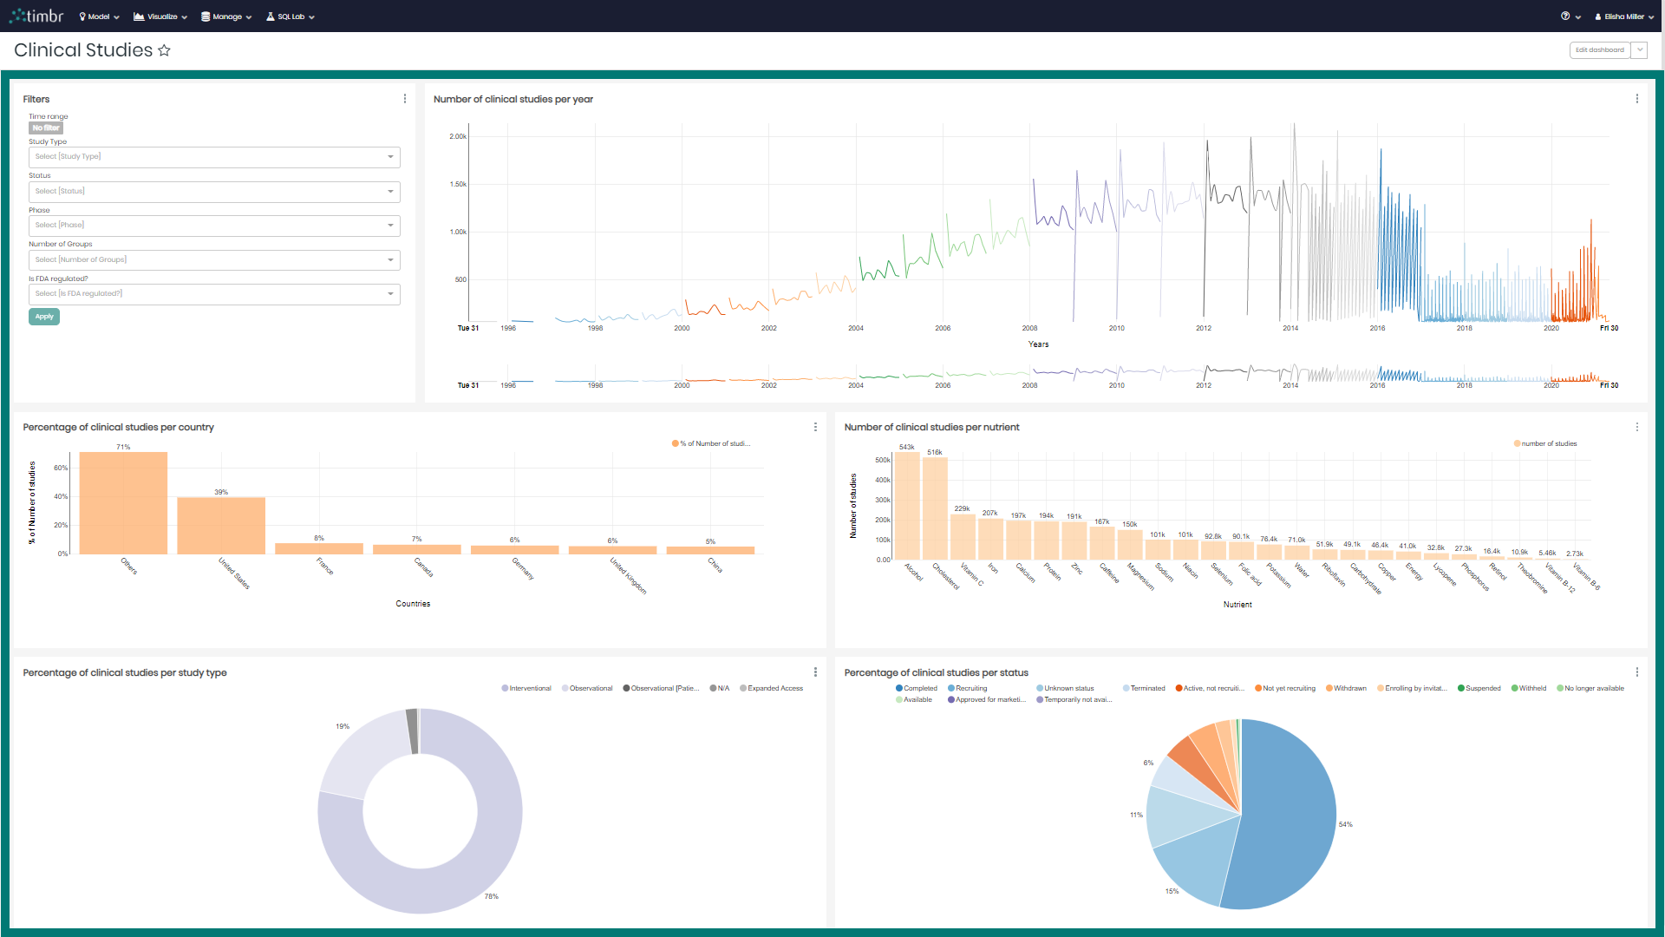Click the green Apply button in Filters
[44, 317]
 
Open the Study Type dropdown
[213, 157]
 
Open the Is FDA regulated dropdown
[213, 294]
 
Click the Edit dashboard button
[1599, 50]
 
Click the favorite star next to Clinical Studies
[164, 50]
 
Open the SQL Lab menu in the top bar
[291, 16]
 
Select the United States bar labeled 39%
[221, 525]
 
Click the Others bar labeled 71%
[123, 503]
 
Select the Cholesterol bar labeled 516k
[935, 508]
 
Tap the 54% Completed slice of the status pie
[1283, 816]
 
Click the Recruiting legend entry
[970, 689]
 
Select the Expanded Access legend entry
[774, 689]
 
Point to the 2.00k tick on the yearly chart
[458, 137]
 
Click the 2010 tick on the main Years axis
[1116, 329]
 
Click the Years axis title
[1038, 344]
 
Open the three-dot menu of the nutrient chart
[1636, 427]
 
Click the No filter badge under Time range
[46, 128]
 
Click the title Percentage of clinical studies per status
[936, 673]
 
